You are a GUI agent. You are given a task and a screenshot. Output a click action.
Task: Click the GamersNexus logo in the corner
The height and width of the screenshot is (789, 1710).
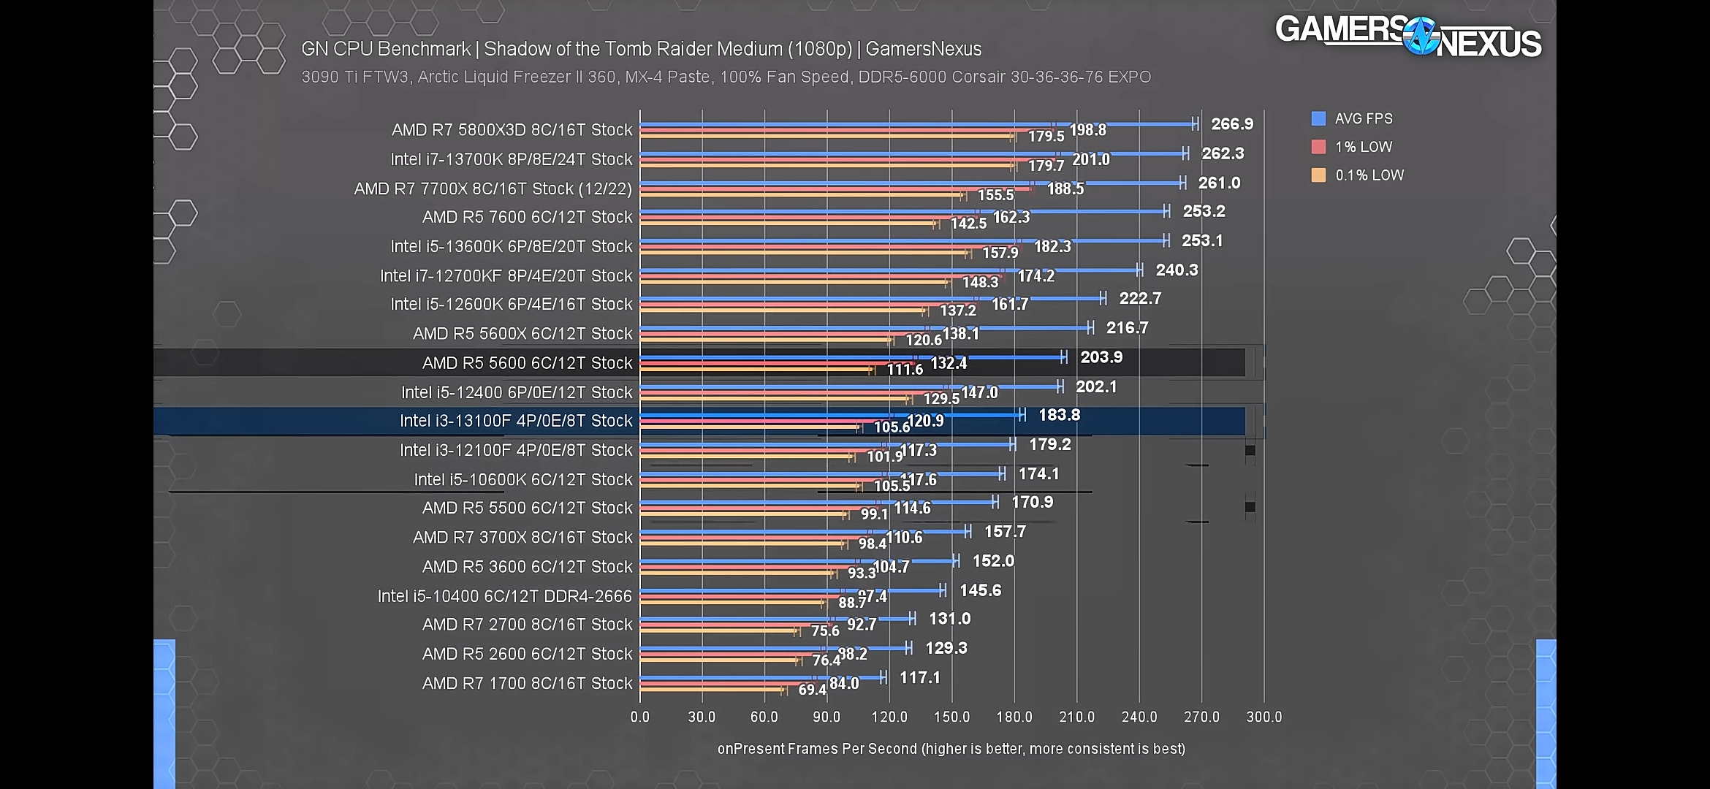click(x=1408, y=37)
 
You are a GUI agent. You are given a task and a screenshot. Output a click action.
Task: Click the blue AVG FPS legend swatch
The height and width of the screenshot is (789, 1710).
click(x=1318, y=118)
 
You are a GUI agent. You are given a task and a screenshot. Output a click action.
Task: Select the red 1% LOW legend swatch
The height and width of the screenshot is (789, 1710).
click(x=1318, y=147)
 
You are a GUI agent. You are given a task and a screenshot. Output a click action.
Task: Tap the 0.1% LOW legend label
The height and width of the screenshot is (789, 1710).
click(x=1369, y=175)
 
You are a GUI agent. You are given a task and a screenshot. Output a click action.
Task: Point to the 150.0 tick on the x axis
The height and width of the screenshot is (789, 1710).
click(x=951, y=717)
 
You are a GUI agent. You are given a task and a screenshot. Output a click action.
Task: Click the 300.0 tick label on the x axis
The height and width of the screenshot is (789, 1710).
click(x=1263, y=717)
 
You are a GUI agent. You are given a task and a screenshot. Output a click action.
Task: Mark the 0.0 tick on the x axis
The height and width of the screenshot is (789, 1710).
click(x=639, y=717)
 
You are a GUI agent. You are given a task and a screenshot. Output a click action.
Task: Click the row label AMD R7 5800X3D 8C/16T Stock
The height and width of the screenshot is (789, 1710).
click(x=512, y=130)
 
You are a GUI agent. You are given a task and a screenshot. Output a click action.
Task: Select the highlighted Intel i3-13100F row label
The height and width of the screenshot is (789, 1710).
click(x=515, y=421)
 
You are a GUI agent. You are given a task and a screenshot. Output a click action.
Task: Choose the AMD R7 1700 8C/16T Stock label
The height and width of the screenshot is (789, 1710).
click(x=527, y=683)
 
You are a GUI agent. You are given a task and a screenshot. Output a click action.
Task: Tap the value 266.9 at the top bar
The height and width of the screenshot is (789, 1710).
click(x=1231, y=124)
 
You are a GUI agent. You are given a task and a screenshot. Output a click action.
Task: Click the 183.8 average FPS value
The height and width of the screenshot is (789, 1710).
click(x=1059, y=415)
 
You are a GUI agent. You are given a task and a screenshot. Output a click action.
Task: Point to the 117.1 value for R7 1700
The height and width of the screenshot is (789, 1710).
click(x=919, y=677)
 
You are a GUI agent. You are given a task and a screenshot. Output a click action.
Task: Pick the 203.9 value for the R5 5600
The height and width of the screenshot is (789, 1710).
click(x=1101, y=357)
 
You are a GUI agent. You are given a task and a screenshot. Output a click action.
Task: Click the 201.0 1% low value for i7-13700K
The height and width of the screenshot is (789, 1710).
click(x=1090, y=159)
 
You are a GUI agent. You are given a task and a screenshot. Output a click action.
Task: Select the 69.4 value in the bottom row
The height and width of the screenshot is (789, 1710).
click(x=811, y=689)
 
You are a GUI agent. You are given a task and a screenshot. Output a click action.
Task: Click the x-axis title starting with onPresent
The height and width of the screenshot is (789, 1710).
click(x=951, y=749)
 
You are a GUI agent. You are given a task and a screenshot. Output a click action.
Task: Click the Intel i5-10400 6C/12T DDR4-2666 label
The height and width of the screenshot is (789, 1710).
click(x=504, y=596)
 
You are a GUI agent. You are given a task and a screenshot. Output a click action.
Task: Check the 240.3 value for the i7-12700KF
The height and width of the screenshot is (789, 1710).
click(x=1177, y=270)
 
